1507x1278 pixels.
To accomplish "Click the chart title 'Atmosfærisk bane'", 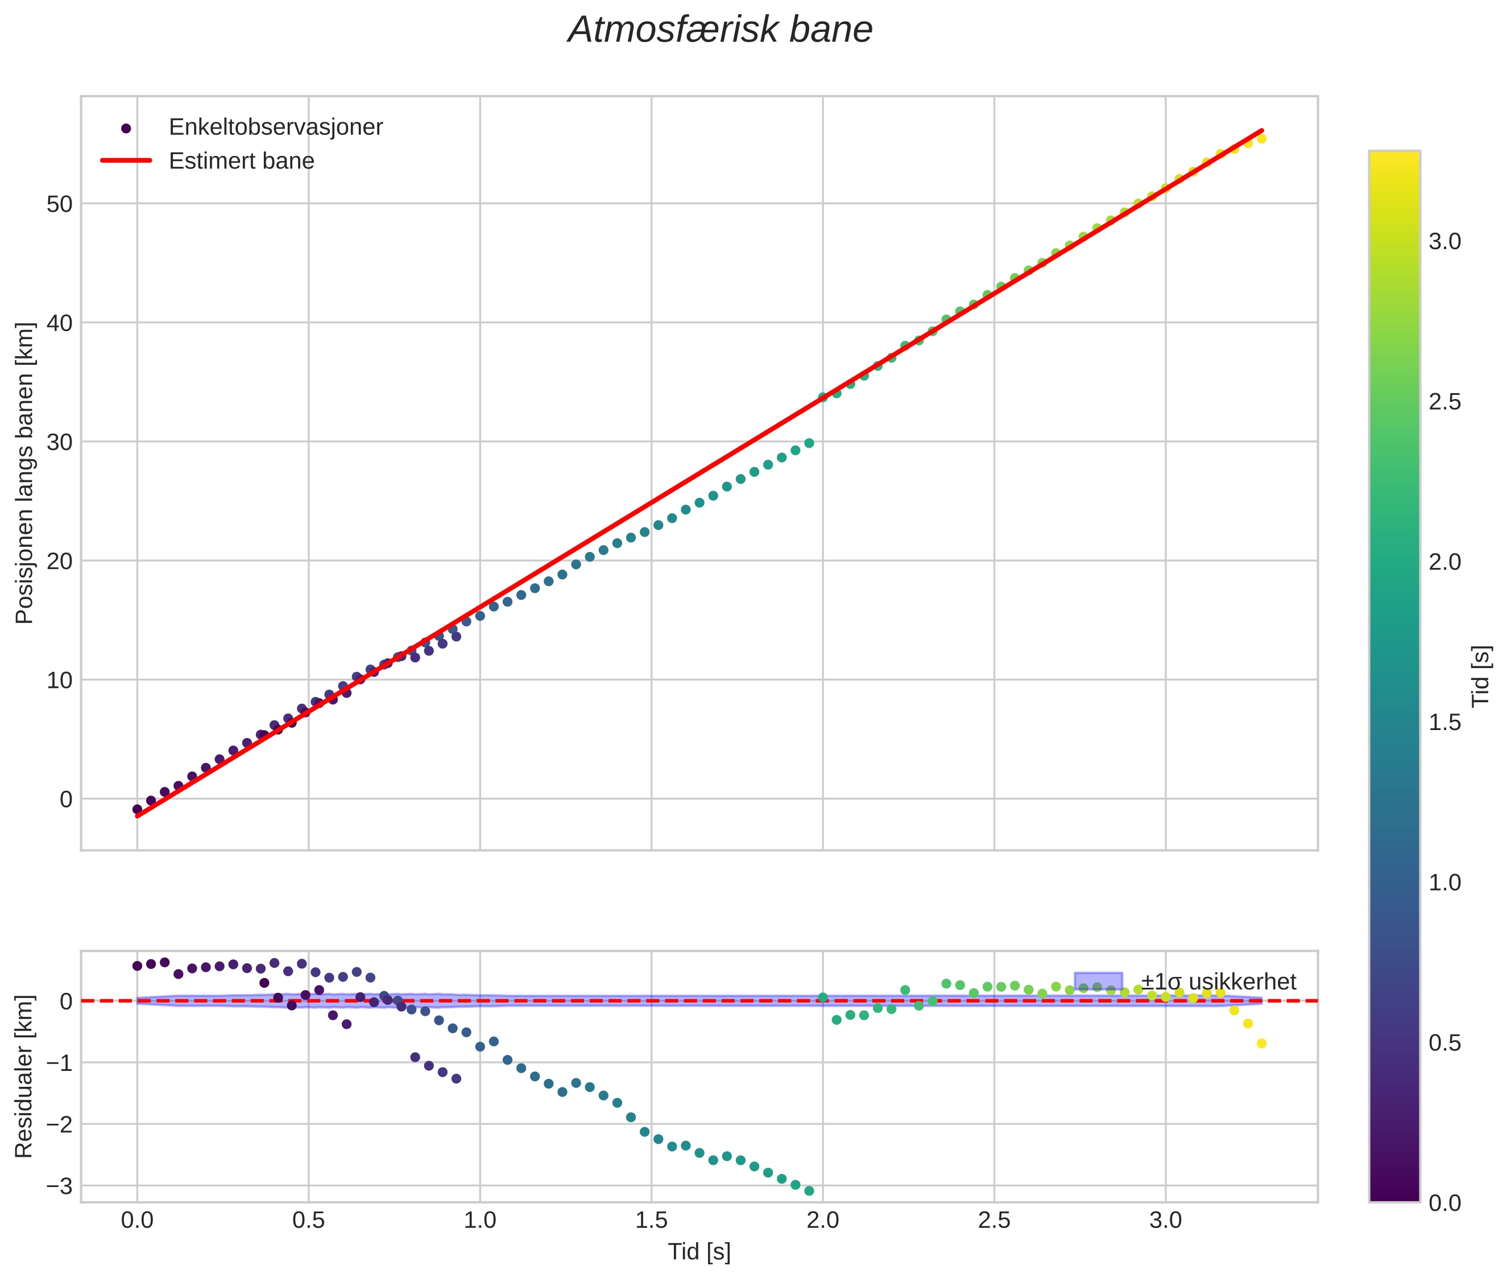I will coord(720,30).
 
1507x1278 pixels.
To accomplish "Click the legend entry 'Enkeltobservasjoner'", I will coord(275,127).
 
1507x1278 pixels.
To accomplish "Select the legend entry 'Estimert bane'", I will coord(241,161).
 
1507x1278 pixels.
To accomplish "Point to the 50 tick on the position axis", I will coord(59,204).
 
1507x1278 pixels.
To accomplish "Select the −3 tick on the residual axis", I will coord(59,1186).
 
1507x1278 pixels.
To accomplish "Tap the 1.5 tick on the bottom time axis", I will coord(651,1220).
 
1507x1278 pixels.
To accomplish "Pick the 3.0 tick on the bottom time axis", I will coord(1165,1220).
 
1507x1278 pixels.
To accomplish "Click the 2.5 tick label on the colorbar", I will coord(1444,402).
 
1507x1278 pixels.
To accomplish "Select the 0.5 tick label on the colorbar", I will coord(1444,1043).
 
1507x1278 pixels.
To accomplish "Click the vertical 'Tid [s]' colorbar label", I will coord(1481,676).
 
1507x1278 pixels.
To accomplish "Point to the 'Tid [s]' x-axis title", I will coord(699,1252).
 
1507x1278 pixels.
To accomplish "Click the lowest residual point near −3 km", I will coord(809,1191).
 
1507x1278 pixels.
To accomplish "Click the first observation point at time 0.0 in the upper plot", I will coord(137,809).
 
